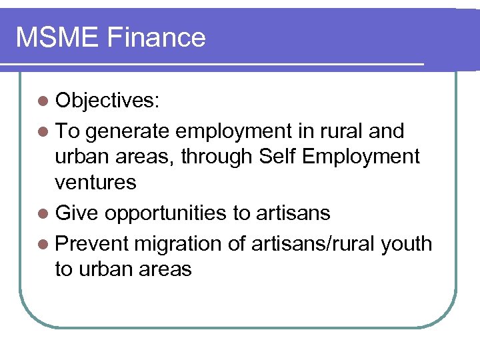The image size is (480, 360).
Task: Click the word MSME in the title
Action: [x=55, y=37]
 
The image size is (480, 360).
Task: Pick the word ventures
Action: [x=95, y=182]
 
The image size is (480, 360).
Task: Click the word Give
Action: [x=77, y=213]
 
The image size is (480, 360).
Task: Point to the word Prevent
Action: [x=91, y=244]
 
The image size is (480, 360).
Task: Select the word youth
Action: [x=406, y=244]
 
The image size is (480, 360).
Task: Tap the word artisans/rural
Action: [x=311, y=244]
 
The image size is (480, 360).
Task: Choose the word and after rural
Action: [x=387, y=131]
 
